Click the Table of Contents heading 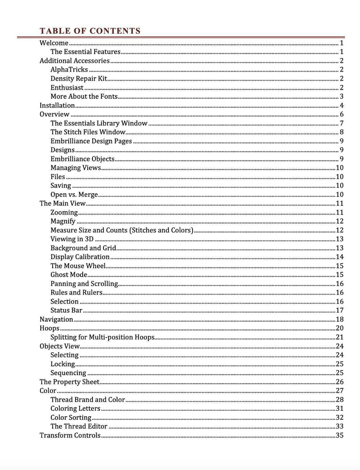coord(90,31)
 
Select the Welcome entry coord(54,43)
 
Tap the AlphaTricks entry coord(69,70)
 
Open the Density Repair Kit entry coord(79,78)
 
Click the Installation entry coord(57,105)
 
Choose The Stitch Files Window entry coord(88,132)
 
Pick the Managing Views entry coord(76,168)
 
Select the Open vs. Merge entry coord(74,194)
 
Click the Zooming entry coord(64,212)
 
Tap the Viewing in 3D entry coord(72,239)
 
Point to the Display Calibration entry coord(80,257)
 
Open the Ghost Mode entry coord(69,275)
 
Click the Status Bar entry coord(66,310)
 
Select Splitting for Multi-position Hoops coord(102,337)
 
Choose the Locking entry coord(63,364)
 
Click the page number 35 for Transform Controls coord(340,435)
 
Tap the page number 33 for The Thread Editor coord(340,426)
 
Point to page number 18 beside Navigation coord(340,319)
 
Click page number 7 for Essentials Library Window coord(341,123)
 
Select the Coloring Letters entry coord(75,408)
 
